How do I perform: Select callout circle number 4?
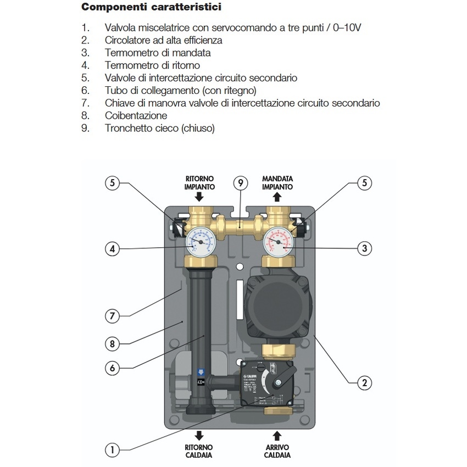[x=113, y=249]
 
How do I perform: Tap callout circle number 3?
[x=364, y=249]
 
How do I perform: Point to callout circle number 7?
[x=113, y=316]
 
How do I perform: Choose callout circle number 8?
[x=113, y=344]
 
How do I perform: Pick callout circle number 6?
[x=113, y=368]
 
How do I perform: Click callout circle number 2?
[x=364, y=383]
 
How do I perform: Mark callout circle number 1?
[x=113, y=450]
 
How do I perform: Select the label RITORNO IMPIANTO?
[x=199, y=183]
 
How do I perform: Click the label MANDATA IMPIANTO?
[x=277, y=183]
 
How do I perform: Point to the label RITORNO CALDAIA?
[x=199, y=451]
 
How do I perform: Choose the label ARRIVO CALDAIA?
[x=277, y=451]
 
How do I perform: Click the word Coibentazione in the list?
[x=136, y=116]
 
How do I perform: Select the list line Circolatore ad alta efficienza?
[x=163, y=40]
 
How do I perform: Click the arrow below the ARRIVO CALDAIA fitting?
[x=277, y=436]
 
